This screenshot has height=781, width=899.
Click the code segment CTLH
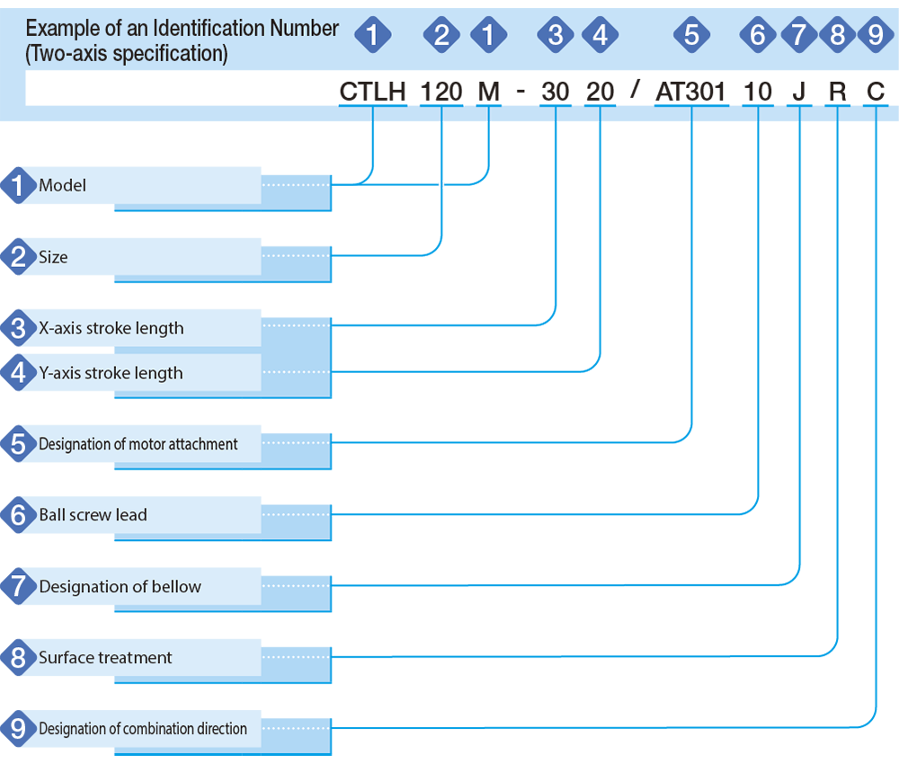point(373,92)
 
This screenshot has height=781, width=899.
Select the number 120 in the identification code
point(441,92)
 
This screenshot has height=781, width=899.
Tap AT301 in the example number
point(690,92)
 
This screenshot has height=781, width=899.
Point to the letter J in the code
point(799,92)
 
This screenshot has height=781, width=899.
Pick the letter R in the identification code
point(838,92)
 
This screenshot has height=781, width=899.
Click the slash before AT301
point(635,88)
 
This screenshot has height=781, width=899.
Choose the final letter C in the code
point(876,92)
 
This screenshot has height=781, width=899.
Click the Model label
point(63,185)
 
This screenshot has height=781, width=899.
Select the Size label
point(53,257)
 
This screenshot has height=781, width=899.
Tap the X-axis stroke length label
point(111,328)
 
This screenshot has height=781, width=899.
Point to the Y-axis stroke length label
point(111,373)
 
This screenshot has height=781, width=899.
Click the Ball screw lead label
point(93,515)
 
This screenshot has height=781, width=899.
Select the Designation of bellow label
point(120,586)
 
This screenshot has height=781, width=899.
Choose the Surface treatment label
point(105,657)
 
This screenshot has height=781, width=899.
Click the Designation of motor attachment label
point(138,444)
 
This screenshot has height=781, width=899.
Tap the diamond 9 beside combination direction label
point(18,728)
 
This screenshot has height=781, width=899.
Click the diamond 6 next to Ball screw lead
point(18,515)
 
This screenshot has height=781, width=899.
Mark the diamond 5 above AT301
point(691,35)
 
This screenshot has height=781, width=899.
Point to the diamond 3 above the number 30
point(555,35)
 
